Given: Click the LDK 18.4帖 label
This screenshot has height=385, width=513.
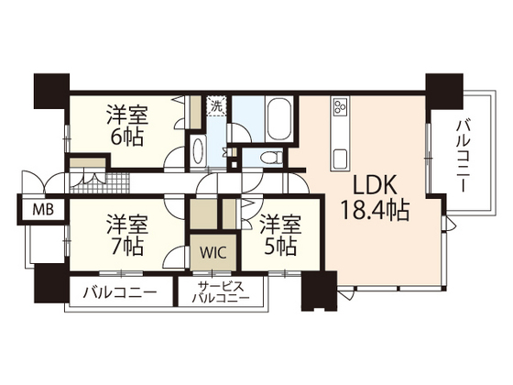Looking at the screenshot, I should click(x=375, y=195).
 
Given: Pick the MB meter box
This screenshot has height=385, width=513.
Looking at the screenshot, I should click(x=43, y=209).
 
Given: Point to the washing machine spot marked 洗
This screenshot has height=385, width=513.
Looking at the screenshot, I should click(x=217, y=106).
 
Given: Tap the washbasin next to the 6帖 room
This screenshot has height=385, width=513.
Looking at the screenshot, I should click(x=198, y=150).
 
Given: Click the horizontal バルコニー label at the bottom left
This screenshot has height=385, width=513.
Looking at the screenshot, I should click(x=118, y=293).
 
